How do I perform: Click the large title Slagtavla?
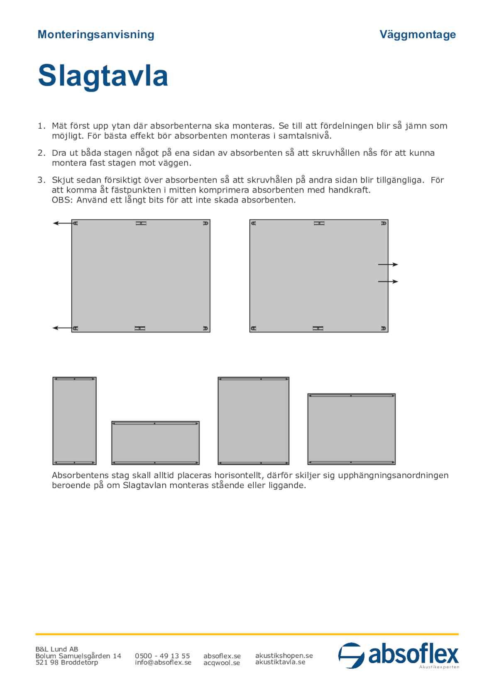tap(103, 76)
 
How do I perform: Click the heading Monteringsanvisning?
tap(96, 34)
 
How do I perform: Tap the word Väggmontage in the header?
tap(418, 34)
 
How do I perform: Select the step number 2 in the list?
tap(41, 153)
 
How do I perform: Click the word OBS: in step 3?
tap(61, 200)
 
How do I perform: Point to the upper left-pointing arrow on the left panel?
tap(62, 223)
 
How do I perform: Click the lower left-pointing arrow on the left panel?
tap(62, 328)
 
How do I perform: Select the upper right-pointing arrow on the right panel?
tap(388, 264)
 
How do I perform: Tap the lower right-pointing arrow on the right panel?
tap(388, 281)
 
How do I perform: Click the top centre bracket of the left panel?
tap(141, 223)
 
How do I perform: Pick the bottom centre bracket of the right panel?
tap(318, 328)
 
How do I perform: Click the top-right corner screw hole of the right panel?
tap(384, 223)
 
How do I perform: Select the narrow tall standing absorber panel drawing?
tap(74, 421)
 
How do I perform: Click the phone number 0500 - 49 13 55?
tap(162, 656)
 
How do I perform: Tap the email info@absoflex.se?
tap(163, 662)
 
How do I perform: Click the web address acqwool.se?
tap(222, 663)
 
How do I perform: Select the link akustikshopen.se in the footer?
tap(284, 655)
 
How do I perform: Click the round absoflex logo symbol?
tap(351, 655)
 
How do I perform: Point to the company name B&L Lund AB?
tap(57, 649)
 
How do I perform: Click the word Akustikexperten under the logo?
tap(439, 667)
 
